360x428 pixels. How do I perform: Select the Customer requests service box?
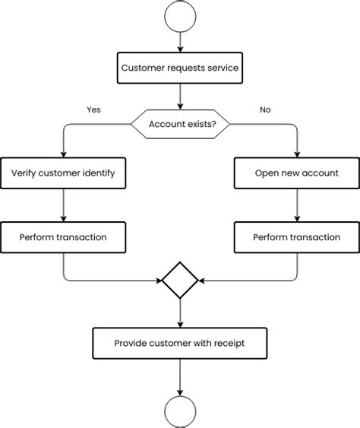pos(180,68)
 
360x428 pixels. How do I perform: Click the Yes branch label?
pos(93,109)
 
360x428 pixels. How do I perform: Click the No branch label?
pos(265,109)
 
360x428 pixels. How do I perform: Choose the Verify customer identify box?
pos(63,173)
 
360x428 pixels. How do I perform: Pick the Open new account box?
pos(297,173)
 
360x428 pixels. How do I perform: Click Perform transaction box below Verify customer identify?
pos(63,237)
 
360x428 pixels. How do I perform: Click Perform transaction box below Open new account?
pos(297,237)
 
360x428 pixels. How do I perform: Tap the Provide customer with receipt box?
pos(180,343)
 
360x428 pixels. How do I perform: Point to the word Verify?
pos(24,173)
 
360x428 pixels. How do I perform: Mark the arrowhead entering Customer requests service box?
pos(180,49)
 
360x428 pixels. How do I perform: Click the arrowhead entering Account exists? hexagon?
pos(180,106)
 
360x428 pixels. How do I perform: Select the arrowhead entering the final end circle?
pos(180,393)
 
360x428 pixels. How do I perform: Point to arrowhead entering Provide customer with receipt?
pos(180,325)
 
